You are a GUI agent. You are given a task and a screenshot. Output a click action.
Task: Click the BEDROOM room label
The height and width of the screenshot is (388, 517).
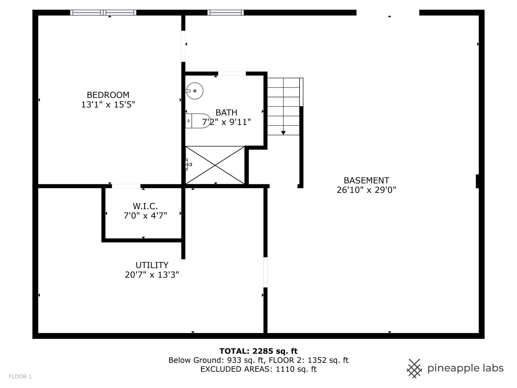point(108,95)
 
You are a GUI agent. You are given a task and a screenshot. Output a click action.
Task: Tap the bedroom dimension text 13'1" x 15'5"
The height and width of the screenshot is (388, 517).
point(108,104)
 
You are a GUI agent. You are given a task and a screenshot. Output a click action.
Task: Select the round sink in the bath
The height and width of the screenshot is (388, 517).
point(194,91)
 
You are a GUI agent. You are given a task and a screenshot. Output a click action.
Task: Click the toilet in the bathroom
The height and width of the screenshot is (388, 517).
point(197,121)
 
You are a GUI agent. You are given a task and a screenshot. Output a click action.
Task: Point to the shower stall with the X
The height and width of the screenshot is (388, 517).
point(215,165)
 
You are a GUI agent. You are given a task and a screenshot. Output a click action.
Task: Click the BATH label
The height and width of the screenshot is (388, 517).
point(226,112)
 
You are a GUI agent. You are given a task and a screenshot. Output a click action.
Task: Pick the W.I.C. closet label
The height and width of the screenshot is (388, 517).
point(145,206)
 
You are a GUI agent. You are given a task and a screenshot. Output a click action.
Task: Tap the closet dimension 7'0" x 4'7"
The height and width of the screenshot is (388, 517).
point(145,216)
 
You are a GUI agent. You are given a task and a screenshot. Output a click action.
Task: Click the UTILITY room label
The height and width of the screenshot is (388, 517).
point(152,265)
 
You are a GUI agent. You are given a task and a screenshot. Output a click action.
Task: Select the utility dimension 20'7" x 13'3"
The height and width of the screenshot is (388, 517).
point(152,275)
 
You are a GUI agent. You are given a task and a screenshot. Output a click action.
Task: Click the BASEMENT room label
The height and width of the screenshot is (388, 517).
point(366,180)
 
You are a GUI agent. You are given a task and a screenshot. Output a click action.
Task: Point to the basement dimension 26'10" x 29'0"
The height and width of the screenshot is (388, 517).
point(366,190)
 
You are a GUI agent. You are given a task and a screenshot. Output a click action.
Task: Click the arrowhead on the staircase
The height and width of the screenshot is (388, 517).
point(283,133)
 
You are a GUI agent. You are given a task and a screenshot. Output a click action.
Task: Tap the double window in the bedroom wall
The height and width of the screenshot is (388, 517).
point(103,13)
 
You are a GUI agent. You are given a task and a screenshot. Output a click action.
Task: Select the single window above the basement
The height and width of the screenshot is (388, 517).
point(225,13)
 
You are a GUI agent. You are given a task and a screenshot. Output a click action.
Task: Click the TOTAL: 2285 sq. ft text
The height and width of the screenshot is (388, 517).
point(258,351)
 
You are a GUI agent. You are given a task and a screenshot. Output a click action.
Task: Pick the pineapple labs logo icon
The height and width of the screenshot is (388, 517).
point(414,369)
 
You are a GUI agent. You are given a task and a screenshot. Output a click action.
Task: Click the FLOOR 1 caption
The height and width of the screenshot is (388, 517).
point(20,377)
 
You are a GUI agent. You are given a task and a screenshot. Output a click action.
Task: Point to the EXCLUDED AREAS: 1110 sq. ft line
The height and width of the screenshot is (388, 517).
point(258,369)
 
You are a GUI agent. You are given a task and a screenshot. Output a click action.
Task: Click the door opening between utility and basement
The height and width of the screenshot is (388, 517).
point(265,272)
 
